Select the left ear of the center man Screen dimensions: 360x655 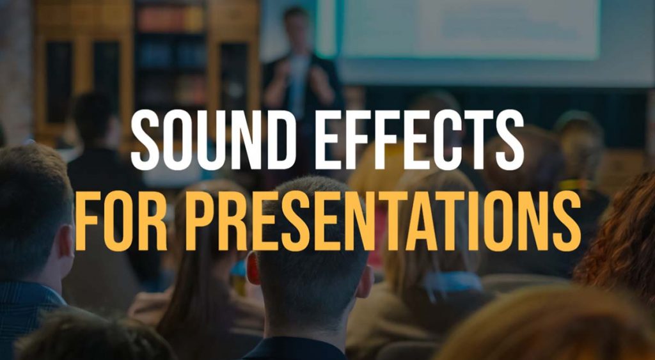click(253, 269)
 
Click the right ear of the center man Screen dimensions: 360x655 click(365, 281)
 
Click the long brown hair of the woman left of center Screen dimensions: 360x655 click(185, 301)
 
